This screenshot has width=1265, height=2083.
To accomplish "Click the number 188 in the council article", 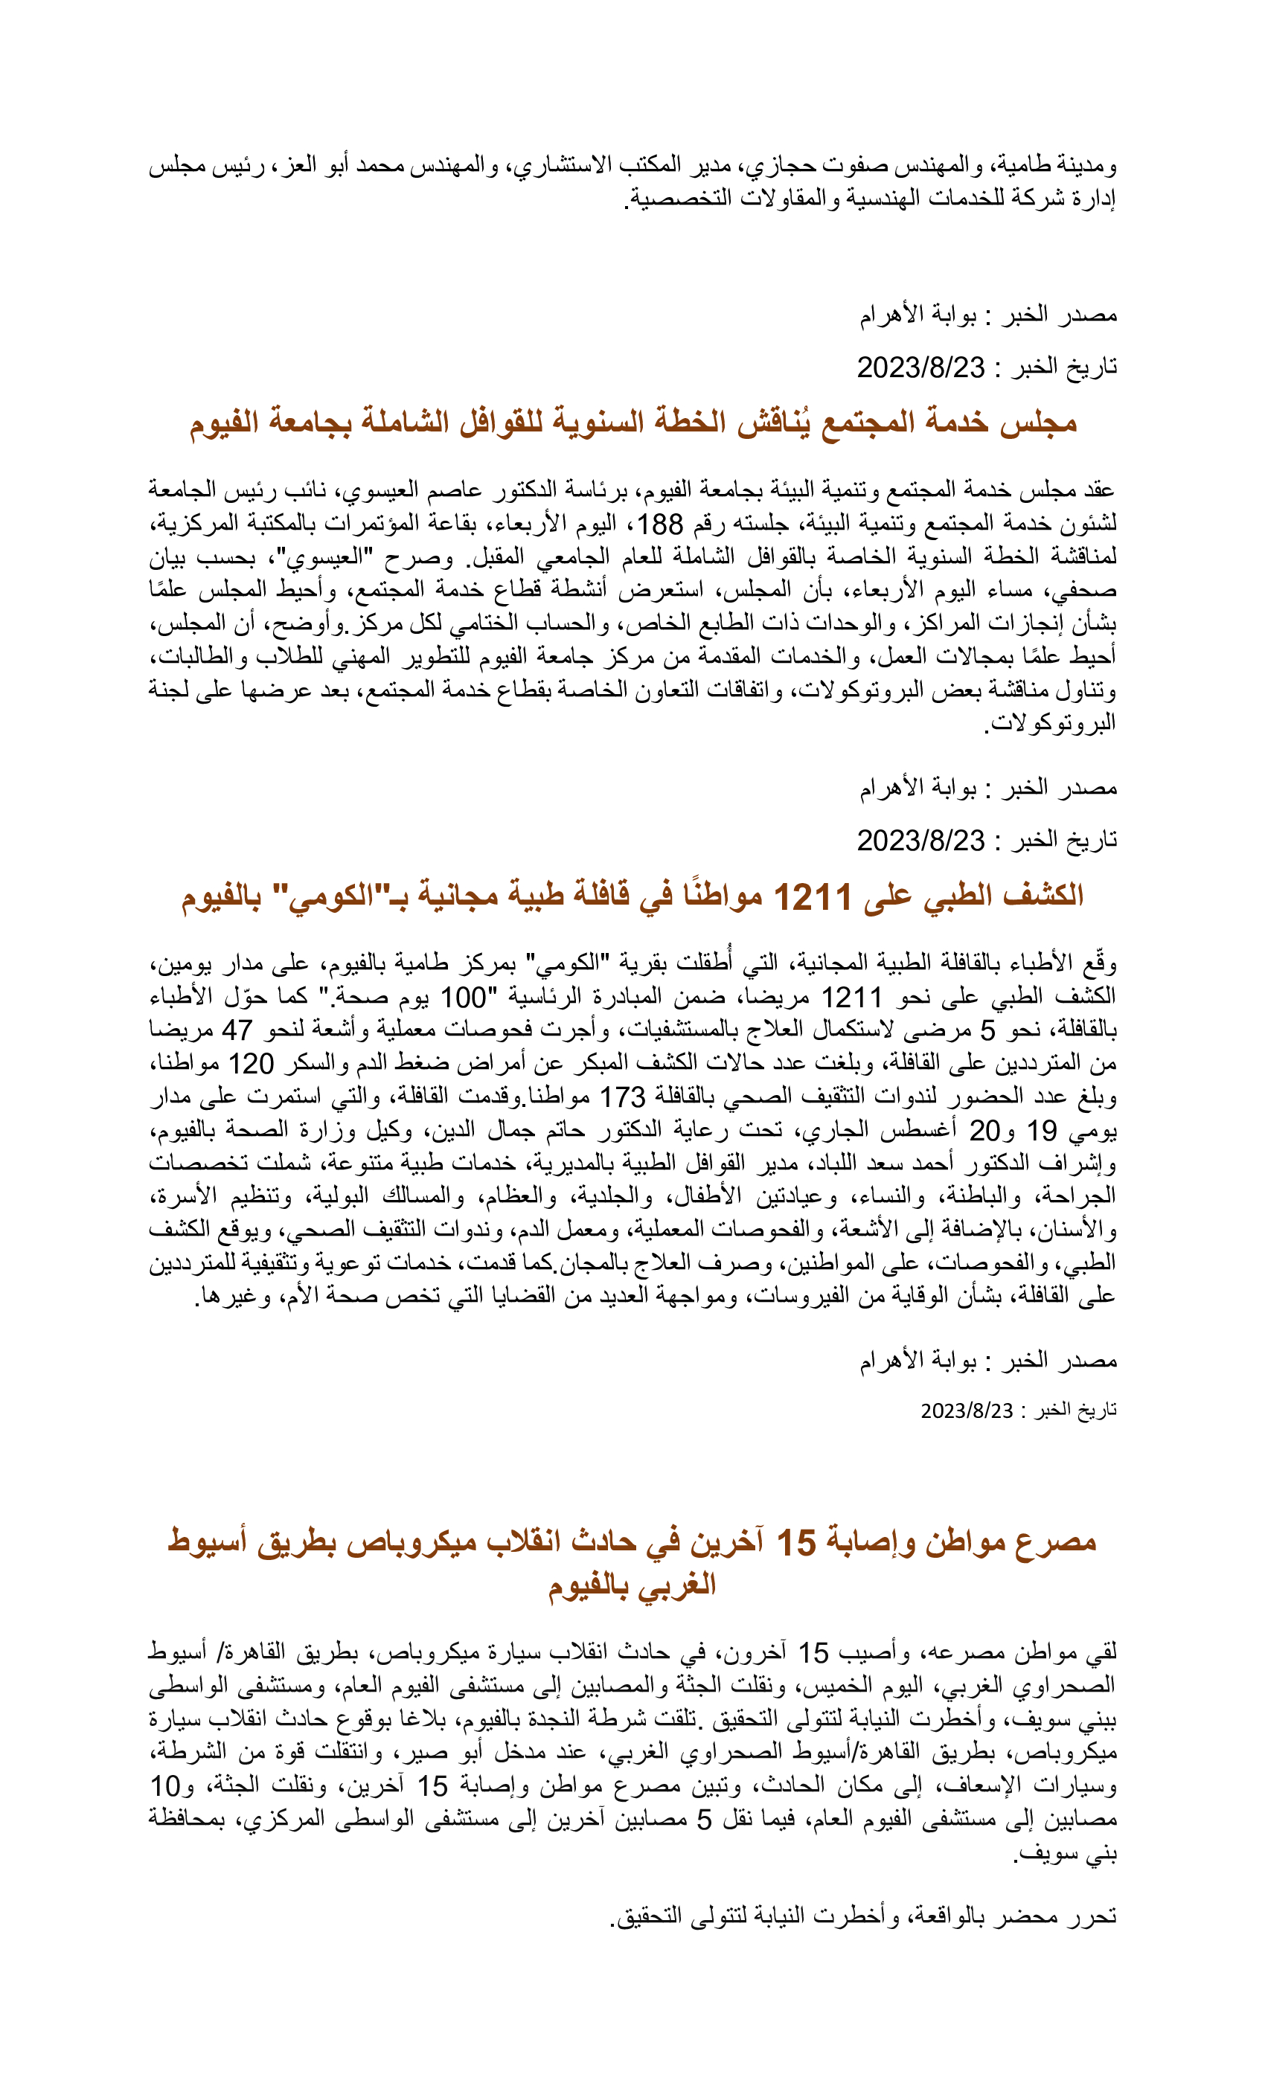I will [659, 524].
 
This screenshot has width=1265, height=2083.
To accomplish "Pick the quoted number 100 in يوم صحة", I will [464, 998].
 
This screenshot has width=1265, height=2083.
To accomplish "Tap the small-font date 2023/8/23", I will [967, 1411].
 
